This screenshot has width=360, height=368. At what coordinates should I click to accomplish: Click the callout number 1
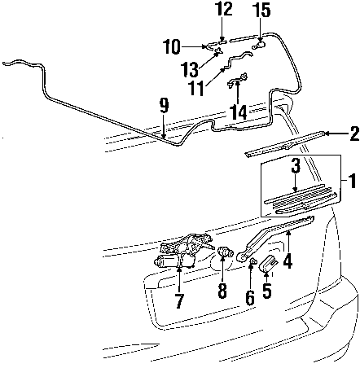point(353,181)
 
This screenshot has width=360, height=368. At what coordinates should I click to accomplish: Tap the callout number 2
point(355,134)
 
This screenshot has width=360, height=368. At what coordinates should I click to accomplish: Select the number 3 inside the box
point(296,166)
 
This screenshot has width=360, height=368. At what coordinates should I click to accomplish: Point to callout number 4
point(288,261)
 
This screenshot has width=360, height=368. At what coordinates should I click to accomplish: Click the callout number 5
point(267,291)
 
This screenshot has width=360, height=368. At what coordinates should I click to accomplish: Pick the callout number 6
point(250,298)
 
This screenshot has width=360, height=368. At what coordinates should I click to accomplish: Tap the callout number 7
point(179,300)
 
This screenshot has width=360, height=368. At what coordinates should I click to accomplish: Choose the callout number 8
point(222,291)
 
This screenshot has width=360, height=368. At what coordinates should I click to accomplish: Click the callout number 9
point(164,106)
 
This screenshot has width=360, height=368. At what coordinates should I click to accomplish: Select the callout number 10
point(172,47)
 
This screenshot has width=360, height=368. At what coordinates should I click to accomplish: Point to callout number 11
point(196,88)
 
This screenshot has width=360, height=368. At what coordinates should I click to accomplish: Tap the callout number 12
point(223,9)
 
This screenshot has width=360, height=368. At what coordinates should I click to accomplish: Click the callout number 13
point(190,70)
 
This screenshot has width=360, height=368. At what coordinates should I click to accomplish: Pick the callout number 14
point(239,112)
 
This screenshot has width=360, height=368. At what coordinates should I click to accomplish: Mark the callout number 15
point(261,11)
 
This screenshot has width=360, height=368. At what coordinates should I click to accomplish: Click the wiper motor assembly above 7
point(184,251)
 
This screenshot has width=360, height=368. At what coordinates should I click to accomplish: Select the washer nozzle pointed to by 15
point(259,46)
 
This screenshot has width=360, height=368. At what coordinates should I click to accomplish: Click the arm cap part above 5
point(268,264)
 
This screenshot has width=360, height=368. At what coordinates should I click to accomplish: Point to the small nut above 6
point(253,261)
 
